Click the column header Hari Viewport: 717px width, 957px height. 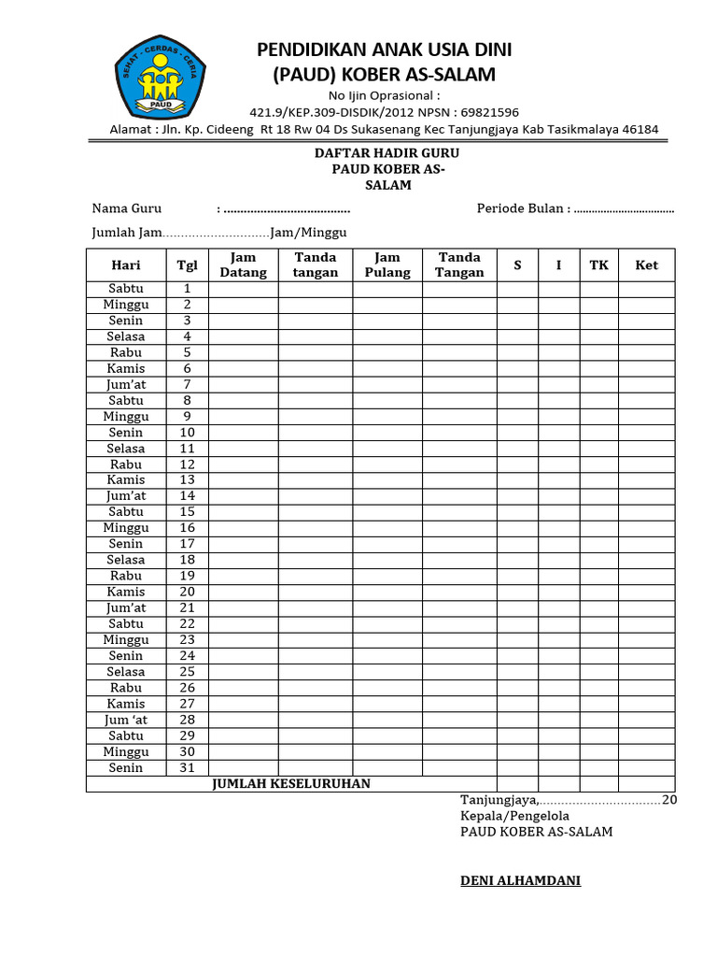click(126, 265)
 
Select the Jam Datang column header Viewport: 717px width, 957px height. click(243, 265)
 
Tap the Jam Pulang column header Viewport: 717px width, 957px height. click(387, 265)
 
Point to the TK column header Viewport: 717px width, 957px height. click(598, 265)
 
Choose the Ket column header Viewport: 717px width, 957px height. click(646, 265)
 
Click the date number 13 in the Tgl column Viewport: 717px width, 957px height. click(187, 480)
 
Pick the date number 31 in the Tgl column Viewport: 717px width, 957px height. click(187, 768)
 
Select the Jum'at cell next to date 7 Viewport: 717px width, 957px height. click(126, 384)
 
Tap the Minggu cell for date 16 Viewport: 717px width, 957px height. click(126, 528)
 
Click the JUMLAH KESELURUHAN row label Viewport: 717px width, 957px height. click(291, 784)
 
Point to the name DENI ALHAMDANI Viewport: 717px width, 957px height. click(520, 880)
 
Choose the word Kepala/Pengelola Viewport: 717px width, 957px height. click(514, 816)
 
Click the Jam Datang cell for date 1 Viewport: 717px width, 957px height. click(243, 289)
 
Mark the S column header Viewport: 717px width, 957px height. click(517, 265)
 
